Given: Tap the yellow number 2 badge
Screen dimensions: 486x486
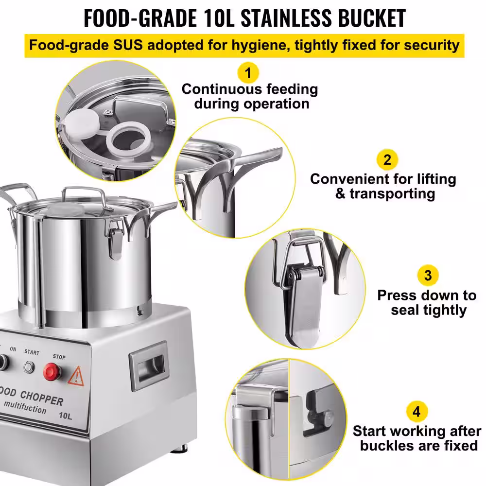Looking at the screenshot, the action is [387, 160].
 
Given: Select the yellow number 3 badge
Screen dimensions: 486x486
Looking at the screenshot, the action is [428, 275].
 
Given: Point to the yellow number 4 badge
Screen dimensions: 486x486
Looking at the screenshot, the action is [417, 412].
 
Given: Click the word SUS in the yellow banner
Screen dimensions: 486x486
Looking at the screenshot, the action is [128, 45].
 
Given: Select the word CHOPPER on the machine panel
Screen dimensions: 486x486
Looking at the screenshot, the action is [41, 398].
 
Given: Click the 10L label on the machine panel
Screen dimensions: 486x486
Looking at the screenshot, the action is [66, 416].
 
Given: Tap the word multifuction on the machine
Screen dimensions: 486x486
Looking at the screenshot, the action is [25, 407].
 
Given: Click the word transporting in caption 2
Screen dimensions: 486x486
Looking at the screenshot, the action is [392, 194].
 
